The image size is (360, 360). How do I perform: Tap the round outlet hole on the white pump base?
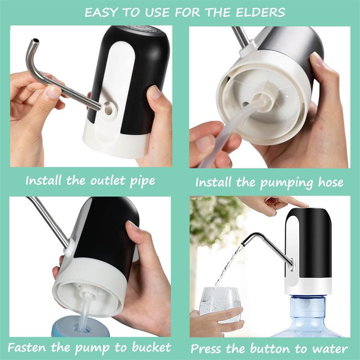108,108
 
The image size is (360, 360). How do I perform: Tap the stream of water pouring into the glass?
227,265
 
